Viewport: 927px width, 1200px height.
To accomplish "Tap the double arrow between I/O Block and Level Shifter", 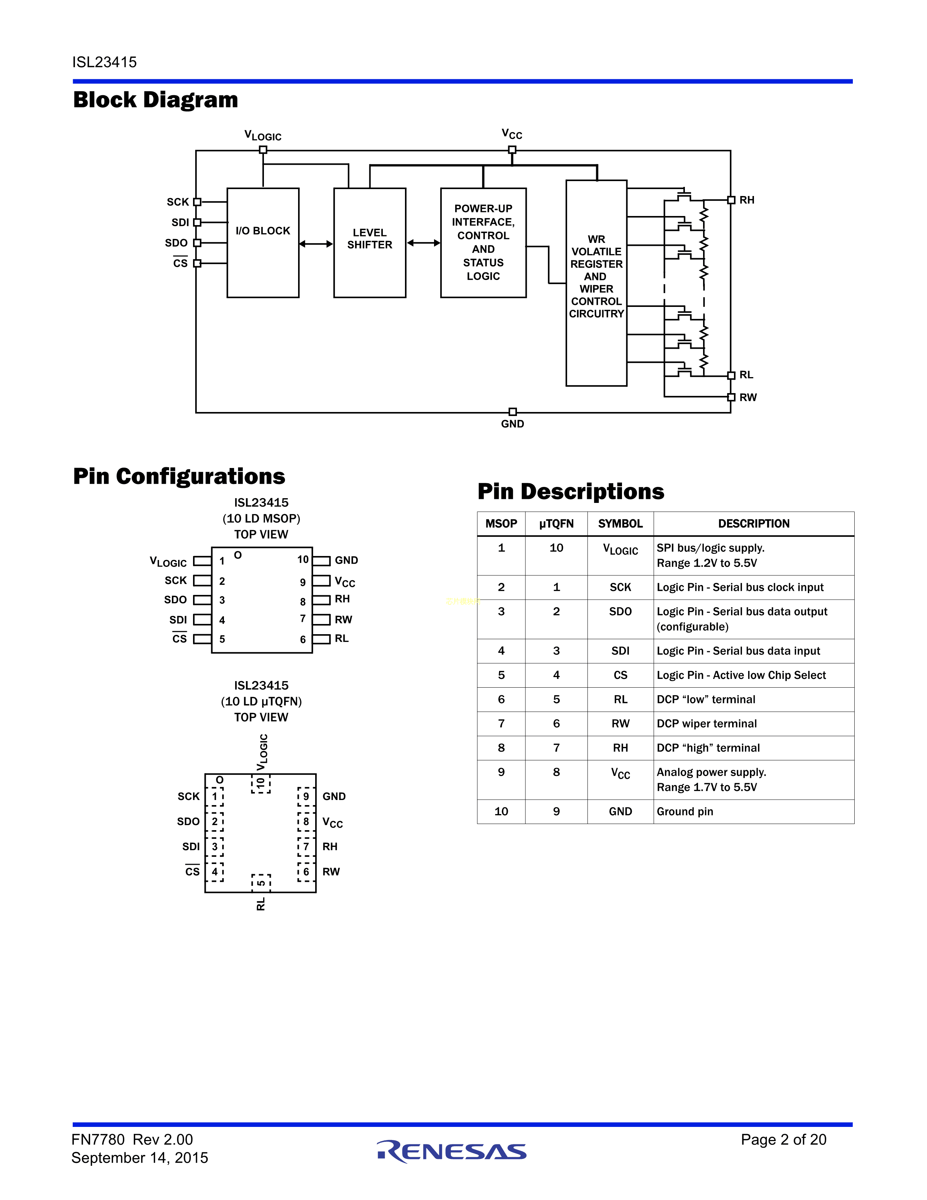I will click(x=316, y=243).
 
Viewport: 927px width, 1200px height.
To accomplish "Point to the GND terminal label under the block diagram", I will click(x=512, y=424).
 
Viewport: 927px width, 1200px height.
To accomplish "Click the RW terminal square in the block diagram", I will click(x=731, y=397).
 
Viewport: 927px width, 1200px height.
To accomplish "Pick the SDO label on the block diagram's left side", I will click(x=176, y=243).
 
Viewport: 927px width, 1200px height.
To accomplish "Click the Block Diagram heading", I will click(x=156, y=100).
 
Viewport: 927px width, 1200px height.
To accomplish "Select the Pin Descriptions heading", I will click(x=571, y=491).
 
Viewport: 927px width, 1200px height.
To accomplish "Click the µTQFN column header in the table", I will click(x=556, y=524).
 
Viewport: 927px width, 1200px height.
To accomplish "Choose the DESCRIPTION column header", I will click(x=754, y=524).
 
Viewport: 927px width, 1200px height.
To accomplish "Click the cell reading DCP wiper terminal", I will click(x=707, y=724).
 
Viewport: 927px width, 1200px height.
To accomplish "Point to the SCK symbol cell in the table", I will click(x=620, y=587).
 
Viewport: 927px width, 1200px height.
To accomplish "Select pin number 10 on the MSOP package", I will click(x=302, y=559).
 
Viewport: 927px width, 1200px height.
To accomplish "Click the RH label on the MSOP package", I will click(x=342, y=599).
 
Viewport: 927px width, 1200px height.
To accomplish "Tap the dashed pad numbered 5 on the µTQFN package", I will click(x=261, y=883).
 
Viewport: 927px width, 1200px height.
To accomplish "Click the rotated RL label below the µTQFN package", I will click(x=261, y=904).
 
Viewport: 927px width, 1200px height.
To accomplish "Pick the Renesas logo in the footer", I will click(x=452, y=1151).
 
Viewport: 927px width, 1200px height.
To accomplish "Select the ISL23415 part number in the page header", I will click(x=104, y=62).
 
